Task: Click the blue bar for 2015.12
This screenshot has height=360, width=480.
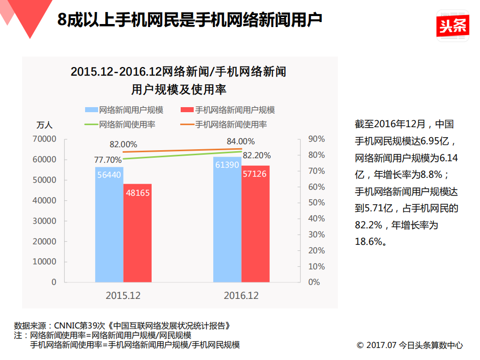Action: (x=109, y=225)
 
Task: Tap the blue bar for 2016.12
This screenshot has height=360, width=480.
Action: (x=227, y=220)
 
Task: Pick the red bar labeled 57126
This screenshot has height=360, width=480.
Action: (x=255, y=225)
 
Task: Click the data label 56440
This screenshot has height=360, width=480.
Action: (x=109, y=175)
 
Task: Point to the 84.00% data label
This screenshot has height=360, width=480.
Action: (x=240, y=141)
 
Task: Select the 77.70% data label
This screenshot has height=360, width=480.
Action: (x=108, y=160)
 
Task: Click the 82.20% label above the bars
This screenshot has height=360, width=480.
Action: (x=256, y=155)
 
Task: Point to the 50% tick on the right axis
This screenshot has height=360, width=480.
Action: (x=313, y=203)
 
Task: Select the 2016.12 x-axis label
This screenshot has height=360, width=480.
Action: (x=241, y=295)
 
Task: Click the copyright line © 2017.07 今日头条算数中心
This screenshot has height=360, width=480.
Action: (x=409, y=345)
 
